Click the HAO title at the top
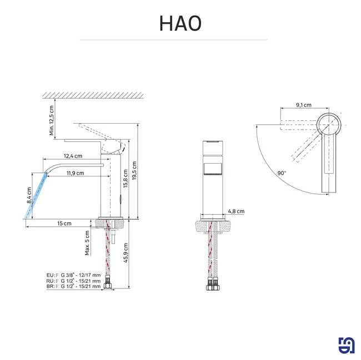click(180, 23)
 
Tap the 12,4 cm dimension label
click(73, 156)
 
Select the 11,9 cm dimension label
click(76, 173)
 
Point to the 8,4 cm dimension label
click(29, 195)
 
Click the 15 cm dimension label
click(64, 223)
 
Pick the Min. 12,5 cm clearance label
click(51, 120)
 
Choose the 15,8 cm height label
click(126, 179)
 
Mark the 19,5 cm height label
click(134, 171)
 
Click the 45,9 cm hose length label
click(126, 253)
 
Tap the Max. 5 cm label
click(87, 243)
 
